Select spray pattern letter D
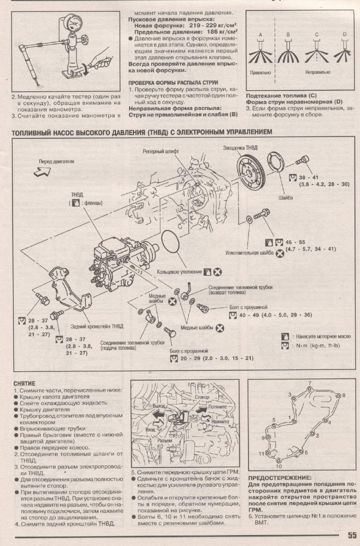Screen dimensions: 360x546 [x=344, y=34]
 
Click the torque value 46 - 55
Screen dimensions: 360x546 [x=296, y=241]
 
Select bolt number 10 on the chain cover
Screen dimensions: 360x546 [x=278, y=466]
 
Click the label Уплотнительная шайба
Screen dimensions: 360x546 [x=249, y=253]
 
